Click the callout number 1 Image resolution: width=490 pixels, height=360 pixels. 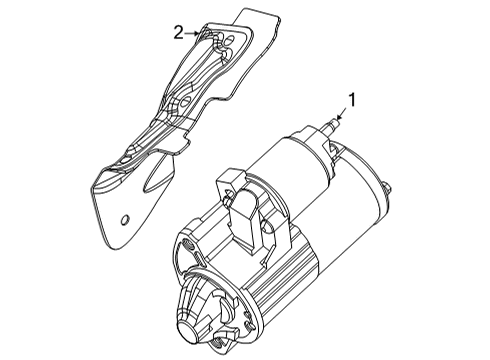(x=351, y=99)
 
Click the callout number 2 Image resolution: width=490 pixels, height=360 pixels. (x=178, y=32)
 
